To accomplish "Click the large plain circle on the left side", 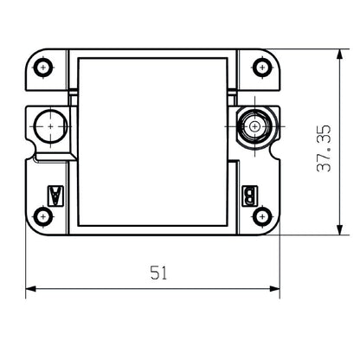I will [x=52, y=126].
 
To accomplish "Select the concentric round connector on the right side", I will [x=254, y=125].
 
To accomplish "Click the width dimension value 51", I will [x=157, y=273].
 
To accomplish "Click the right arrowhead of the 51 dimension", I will [x=277, y=288].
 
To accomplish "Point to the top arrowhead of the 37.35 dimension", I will [x=337, y=54].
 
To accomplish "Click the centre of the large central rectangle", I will [x=153, y=141].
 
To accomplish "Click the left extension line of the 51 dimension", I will [x=26, y=260].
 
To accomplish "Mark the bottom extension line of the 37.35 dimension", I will [x=312, y=235].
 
